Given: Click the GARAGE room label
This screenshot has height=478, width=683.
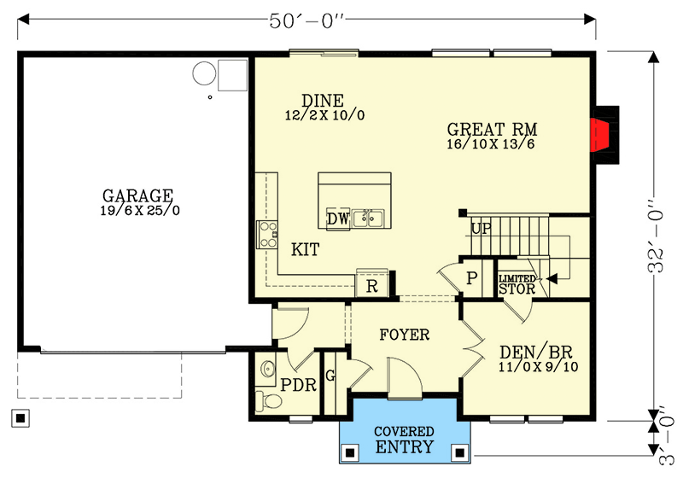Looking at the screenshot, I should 137,195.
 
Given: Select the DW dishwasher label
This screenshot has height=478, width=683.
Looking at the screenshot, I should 338,219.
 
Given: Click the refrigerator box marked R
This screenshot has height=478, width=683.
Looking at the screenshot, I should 371,286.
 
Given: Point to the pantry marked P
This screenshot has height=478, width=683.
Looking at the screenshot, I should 470,277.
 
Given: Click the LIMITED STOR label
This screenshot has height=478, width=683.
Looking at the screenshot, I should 517,284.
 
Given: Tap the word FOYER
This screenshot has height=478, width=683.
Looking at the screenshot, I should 405,335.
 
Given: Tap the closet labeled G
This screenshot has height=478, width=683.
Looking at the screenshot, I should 330,376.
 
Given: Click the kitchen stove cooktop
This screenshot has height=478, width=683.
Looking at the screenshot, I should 267,233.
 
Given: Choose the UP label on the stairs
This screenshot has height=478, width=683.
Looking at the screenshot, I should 481,229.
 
